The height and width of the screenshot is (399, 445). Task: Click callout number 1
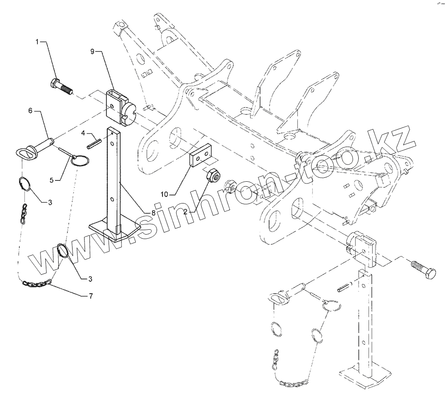click(x=37, y=41)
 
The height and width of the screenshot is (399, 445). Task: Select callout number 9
click(x=92, y=52)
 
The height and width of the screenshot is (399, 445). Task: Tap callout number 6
click(x=30, y=111)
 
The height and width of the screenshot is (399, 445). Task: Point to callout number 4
click(x=83, y=132)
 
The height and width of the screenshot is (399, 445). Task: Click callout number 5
click(x=52, y=180)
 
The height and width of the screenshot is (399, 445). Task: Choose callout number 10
click(x=165, y=194)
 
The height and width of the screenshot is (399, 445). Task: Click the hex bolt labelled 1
click(x=62, y=86)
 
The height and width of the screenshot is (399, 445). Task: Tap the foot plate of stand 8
click(x=114, y=230)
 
